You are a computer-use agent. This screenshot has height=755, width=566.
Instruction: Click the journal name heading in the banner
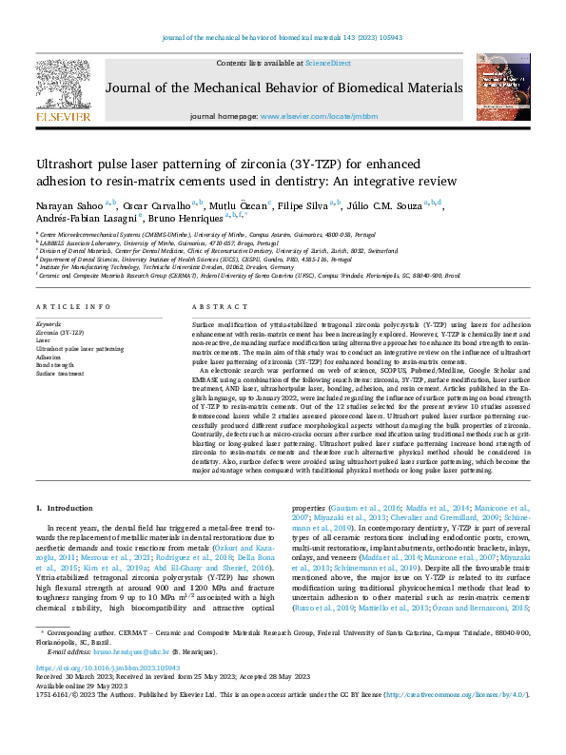283,89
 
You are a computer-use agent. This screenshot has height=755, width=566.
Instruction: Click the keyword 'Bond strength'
55,364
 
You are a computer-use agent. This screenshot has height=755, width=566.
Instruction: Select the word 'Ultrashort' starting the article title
64,164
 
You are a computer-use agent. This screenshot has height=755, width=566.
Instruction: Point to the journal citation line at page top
283,37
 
